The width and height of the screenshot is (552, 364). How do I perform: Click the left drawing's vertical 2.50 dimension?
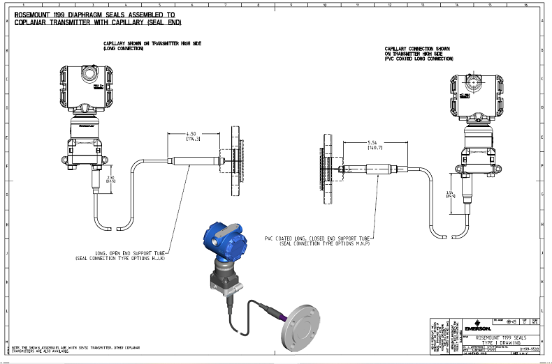pos(111,179)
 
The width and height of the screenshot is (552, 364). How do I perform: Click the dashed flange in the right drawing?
pos(326,169)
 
